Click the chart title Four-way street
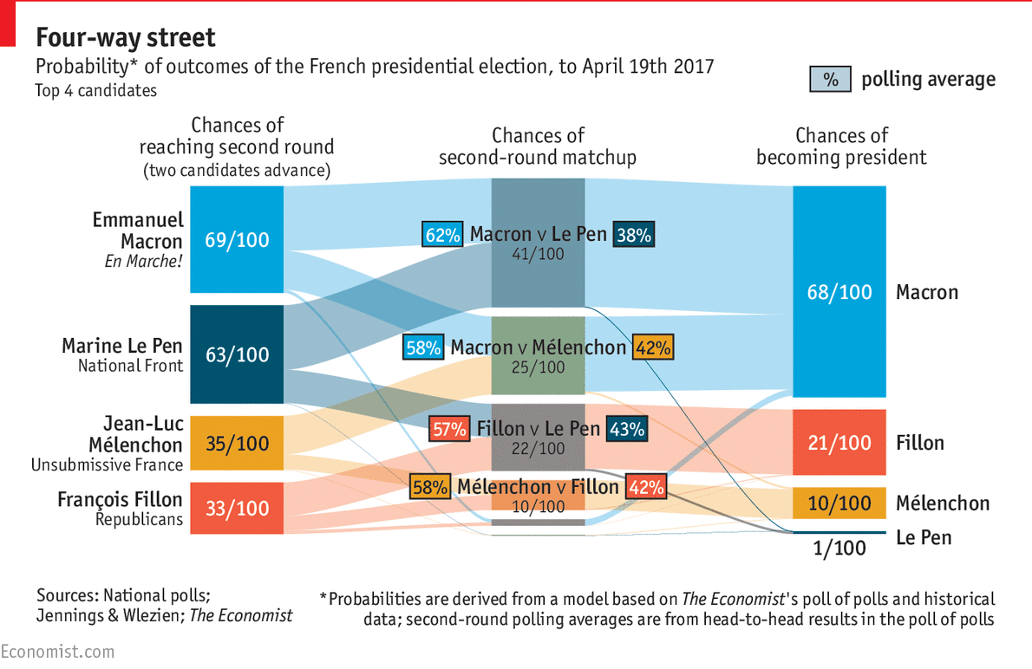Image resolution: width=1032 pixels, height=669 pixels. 126,38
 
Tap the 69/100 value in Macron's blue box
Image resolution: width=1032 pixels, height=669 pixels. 237,240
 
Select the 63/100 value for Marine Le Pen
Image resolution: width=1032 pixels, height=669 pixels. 237,354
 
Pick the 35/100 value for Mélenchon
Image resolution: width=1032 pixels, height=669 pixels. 237,444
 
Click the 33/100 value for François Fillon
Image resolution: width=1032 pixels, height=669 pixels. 237,508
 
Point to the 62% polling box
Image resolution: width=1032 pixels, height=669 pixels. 442,234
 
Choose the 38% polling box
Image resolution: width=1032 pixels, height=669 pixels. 633,234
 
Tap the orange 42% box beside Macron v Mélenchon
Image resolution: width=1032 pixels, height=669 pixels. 653,347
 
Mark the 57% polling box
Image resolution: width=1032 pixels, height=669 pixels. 450,429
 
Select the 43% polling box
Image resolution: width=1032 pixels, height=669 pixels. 627,429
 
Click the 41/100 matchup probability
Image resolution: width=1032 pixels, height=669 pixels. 538,254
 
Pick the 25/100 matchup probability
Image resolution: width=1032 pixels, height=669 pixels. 538,367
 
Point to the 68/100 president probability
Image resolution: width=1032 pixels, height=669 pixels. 839,292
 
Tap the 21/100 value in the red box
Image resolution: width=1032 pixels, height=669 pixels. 839,443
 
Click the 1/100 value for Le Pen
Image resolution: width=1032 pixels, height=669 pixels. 839,548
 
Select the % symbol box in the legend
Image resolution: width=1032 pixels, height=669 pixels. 831,80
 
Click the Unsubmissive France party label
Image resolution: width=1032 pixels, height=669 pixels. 108,465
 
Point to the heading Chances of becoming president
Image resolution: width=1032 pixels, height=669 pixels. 841,146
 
